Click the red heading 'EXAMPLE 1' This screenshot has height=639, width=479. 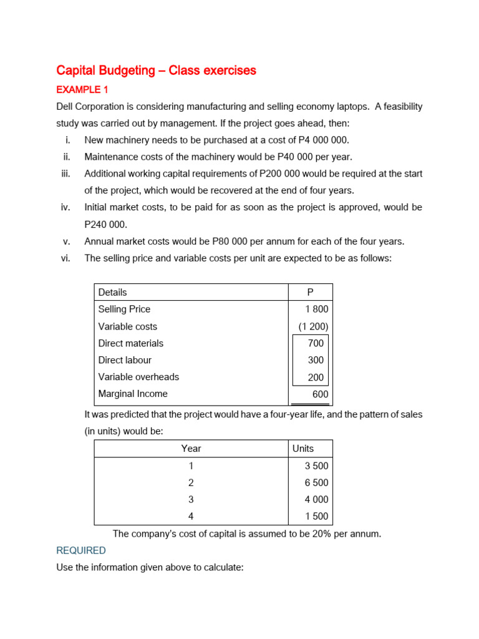82,90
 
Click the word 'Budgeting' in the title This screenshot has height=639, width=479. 122,71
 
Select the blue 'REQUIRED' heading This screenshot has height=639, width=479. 81,550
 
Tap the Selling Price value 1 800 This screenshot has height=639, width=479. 317,310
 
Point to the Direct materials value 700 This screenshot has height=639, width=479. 316,343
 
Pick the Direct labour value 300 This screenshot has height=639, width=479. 316,360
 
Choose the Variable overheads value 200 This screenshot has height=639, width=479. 316,377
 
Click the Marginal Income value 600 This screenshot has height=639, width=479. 320,394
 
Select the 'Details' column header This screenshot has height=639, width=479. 112,292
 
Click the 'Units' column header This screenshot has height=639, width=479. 303,449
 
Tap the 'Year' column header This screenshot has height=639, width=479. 191,449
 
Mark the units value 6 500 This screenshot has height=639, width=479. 316,482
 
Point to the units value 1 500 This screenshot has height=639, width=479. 316,517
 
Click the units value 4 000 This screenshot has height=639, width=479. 316,499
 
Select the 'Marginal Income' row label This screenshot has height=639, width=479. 133,394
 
